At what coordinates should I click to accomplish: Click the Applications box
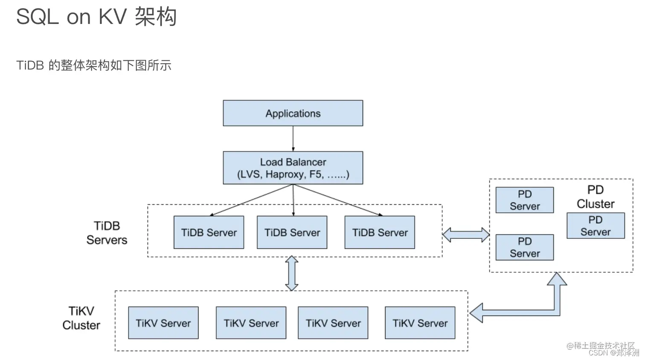pos(293,113)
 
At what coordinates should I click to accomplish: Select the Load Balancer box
pos(293,168)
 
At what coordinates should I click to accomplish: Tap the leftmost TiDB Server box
pos(209,232)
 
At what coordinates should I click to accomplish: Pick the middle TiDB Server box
pos(292,232)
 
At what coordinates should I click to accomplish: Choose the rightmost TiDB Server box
pos(380,232)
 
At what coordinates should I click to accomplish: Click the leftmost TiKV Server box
pos(163,323)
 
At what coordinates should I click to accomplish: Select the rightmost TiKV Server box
pos(420,323)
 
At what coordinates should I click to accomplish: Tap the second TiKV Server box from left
pos(251,323)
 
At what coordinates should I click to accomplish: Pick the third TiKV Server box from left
pos(333,323)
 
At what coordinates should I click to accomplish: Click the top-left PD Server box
pos(524,200)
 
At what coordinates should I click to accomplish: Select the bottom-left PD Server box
pos(524,247)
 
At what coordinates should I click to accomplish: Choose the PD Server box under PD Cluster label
pos(596,226)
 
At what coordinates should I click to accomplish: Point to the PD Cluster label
pos(596,197)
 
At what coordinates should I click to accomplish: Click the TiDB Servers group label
pos(107,232)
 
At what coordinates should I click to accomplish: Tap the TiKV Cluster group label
pos(81,318)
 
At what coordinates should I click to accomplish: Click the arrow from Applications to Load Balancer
pos(293,139)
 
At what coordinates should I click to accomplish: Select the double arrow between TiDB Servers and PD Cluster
pos(466,235)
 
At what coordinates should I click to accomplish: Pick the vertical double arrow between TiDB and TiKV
pos(291,273)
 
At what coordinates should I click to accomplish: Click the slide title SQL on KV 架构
pos(96,17)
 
